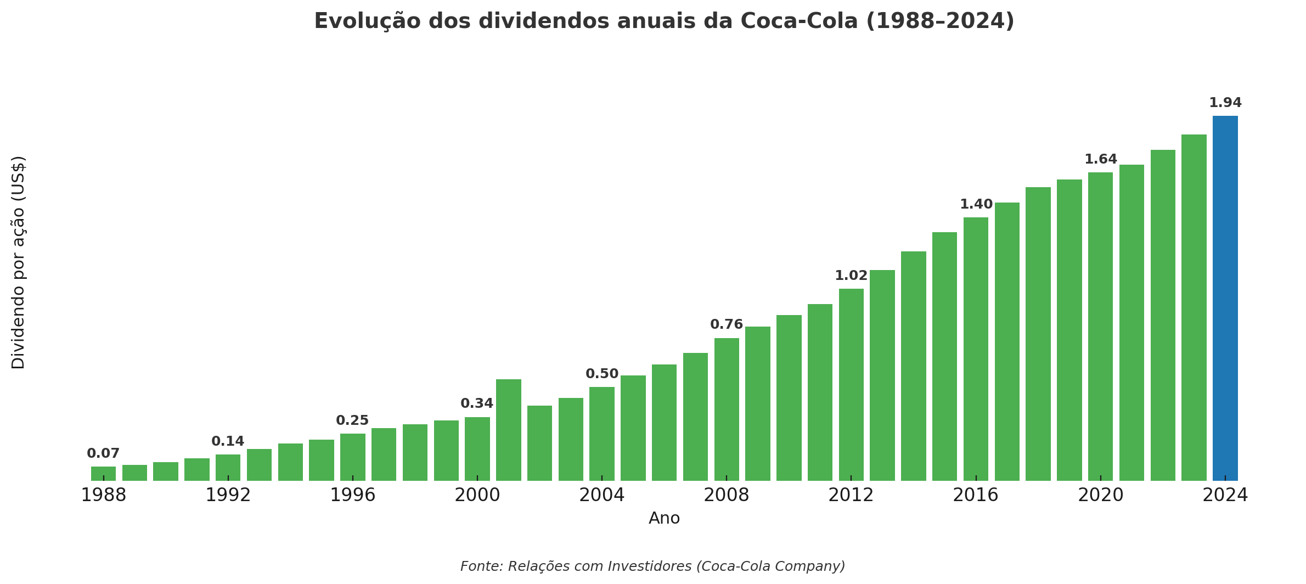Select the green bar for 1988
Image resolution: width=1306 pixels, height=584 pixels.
pos(103,474)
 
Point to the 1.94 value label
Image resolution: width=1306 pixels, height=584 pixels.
pos(1225,103)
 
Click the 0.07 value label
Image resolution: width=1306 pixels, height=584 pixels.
pos(103,454)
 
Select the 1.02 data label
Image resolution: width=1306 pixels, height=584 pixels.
pos(851,276)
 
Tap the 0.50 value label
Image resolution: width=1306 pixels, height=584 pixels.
pos(602,374)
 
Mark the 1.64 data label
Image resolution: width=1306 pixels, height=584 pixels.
pos(1100,160)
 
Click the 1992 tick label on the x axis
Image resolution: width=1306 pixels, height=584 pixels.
pos(228,496)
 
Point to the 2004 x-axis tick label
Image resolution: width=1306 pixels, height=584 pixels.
pos(602,496)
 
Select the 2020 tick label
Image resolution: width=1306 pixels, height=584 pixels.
pos(1100,496)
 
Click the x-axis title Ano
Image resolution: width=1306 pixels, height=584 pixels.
pos(664,519)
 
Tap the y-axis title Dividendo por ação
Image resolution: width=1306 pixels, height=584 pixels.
pos(19,262)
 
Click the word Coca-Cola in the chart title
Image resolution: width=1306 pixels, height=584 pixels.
pos(799,21)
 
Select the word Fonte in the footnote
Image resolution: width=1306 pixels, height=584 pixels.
pos(481,566)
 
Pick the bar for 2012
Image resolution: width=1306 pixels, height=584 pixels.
pos(851,385)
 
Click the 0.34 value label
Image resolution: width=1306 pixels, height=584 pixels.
pos(477,404)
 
